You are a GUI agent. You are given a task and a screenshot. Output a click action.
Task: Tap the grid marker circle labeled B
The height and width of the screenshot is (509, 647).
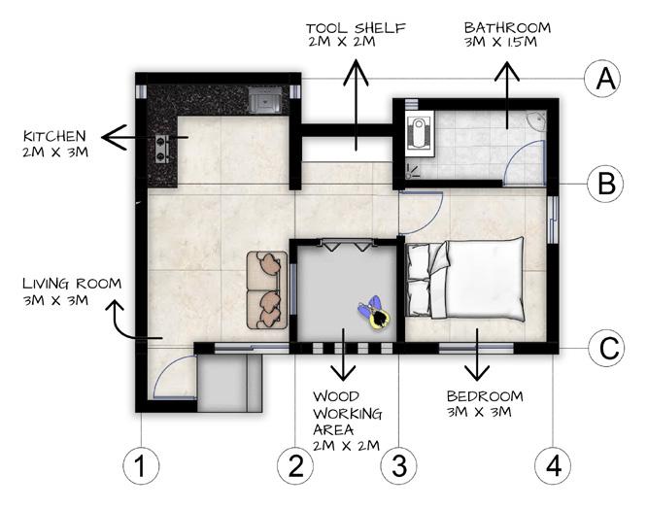(605, 184)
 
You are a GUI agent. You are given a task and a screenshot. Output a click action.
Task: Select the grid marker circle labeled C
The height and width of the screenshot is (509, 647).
(606, 348)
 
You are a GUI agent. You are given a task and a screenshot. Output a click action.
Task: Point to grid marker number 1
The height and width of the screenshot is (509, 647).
(141, 466)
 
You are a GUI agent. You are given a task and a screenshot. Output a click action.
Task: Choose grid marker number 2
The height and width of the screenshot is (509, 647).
(295, 466)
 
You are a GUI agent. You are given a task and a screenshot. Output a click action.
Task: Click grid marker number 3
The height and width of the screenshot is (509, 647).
(398, 466)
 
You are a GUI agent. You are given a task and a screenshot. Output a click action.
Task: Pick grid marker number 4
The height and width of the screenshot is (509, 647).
(553, 466)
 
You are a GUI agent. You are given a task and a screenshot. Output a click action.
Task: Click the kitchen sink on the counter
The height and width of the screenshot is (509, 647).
(265, 100)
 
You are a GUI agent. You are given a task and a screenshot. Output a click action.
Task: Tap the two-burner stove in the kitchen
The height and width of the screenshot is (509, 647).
(161, 149)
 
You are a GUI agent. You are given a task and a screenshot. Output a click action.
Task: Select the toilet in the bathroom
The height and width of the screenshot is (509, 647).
(420, 133)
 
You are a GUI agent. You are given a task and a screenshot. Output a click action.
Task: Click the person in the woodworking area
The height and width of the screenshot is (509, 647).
(375, 314)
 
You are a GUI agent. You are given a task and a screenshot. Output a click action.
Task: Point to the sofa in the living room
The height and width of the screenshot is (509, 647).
(267, 290)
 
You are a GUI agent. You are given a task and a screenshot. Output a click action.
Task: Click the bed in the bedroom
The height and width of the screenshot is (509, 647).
(465, 279)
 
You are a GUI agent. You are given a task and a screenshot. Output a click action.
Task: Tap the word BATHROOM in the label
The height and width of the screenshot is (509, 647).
(507, 27)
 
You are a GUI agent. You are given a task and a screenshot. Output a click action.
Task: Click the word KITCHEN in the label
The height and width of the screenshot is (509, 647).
(54, 136)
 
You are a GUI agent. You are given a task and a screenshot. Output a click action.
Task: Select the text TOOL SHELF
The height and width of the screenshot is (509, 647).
(356, 28)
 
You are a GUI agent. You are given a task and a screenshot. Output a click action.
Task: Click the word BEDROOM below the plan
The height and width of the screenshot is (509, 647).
(485, 396)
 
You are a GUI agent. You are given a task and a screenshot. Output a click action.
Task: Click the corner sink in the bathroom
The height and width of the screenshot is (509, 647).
(537, 120)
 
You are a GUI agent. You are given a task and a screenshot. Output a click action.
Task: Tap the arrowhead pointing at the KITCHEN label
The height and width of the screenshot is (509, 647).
(114, 137)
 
